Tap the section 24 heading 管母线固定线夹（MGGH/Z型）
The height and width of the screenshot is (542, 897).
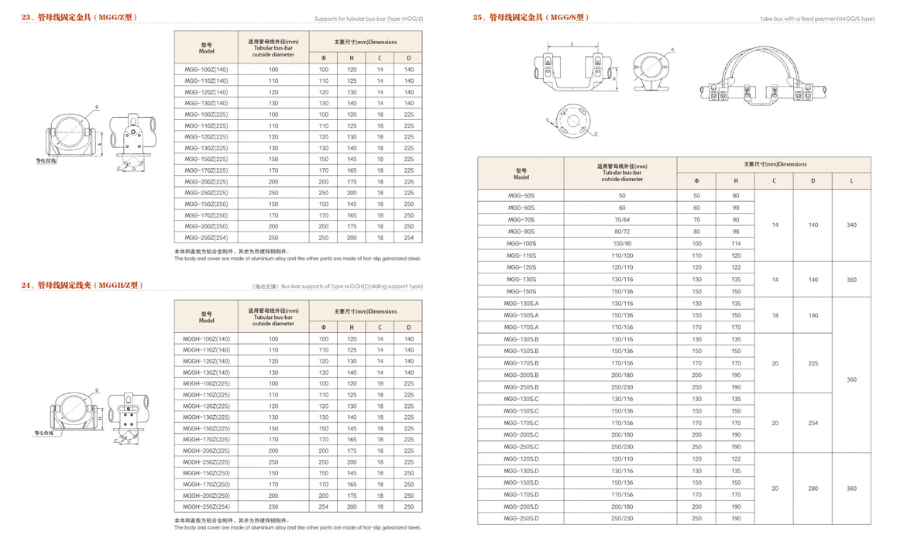83,286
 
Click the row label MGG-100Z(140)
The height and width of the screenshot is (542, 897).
206,70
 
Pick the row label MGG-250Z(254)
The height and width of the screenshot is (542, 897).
206,238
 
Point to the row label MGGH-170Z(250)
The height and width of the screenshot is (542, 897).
206,485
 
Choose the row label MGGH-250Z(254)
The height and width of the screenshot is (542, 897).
206,507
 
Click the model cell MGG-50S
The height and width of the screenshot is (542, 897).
521,196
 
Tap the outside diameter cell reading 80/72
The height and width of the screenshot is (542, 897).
621,232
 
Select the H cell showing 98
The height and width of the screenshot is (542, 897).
735,232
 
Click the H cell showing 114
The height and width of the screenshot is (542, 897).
735,244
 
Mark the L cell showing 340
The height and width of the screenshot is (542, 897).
851,225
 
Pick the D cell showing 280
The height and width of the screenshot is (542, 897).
813,489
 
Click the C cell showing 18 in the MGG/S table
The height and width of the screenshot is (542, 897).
774,316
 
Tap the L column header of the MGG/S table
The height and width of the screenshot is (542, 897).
851,181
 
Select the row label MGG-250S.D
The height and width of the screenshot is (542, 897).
521,519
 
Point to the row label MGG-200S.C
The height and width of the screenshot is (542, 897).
521,435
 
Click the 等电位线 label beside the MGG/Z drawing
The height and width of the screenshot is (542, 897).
46,161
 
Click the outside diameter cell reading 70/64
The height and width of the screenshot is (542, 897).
621,220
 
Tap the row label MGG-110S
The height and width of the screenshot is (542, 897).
521,256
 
